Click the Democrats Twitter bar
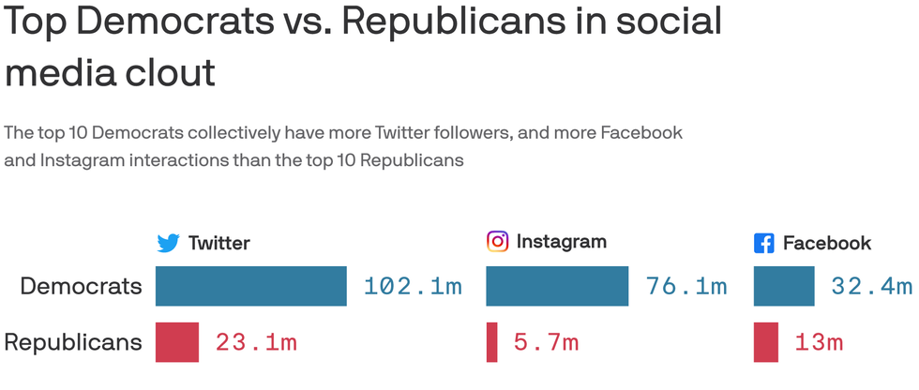click(x=250, y=286)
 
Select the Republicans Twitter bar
click(x=176, y=342)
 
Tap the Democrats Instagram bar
click(x=557, y=286)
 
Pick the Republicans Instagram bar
click(x=491, y=342)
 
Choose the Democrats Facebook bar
click(x=784, y=286)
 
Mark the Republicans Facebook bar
click(x=765, y=342)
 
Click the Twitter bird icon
click(x=168, y=244)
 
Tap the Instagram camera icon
click(x=497, y=242)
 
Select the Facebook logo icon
click(x=764, y=244)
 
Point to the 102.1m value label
click(x=413, y=287)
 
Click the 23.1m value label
click(x=256, y=343)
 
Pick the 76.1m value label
click(x=685, y=287)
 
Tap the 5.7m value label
click(x=546, y=343)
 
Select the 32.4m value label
click(x=871, y=287)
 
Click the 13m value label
click(x=820, y=343)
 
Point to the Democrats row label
click(x=81, y=286)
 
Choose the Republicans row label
click(x=73, y=342)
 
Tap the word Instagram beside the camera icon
click(x=561, y=242)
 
